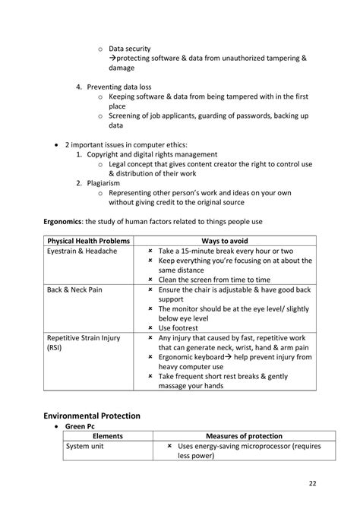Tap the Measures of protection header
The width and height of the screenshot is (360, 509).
click(238, 436)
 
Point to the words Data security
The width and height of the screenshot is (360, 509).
click(130, 48)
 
